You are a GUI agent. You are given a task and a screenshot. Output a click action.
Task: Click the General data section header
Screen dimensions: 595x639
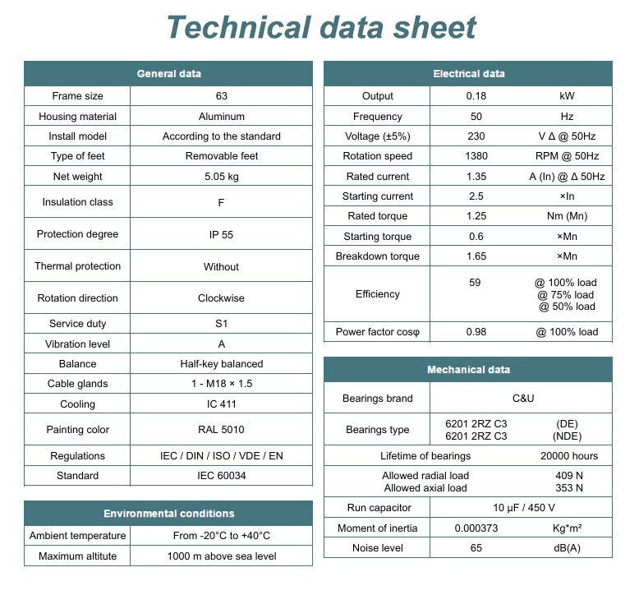(x=168, y=74)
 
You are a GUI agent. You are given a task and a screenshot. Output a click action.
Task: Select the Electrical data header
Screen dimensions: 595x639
(x=468, y=74)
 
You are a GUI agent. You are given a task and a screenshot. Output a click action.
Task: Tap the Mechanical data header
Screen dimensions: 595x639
(x=468, y=370)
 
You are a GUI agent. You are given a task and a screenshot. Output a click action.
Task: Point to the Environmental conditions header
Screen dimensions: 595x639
(x=168, y=514)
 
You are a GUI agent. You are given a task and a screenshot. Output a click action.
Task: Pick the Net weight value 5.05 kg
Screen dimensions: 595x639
(x=222, y=177)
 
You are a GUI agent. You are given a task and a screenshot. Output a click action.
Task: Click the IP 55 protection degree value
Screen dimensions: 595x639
(x=222, y=234)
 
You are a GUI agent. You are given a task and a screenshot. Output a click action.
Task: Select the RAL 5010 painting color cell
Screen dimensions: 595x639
(x=222, y=430)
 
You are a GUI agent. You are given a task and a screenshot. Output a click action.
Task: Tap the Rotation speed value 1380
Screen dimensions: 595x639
(x=476, y=156)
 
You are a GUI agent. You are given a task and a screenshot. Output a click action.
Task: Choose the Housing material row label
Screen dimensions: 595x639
(x=78, y=117)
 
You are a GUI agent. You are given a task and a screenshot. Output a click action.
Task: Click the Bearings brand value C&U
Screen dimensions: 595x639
(x=523, y=399)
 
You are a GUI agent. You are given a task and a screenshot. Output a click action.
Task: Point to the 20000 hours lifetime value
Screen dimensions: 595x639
(x=569, y=456)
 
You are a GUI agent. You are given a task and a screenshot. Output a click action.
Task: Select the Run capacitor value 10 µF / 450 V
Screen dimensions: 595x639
(x=523, y=508)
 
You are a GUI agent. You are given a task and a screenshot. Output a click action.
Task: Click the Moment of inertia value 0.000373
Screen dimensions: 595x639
(x=476, y=528)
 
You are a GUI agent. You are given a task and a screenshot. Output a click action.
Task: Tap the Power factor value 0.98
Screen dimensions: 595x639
(x=476, y=332)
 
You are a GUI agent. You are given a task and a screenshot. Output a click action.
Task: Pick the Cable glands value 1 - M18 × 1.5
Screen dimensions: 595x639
(x=222, y=384)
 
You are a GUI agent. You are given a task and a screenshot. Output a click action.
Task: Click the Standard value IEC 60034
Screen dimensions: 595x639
(x=222, y=476)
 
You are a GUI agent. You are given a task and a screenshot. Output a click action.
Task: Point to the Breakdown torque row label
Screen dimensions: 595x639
(x=378, y=256)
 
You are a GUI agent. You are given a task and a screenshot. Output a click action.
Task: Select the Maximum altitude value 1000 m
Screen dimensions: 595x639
(x=222, y=556)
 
